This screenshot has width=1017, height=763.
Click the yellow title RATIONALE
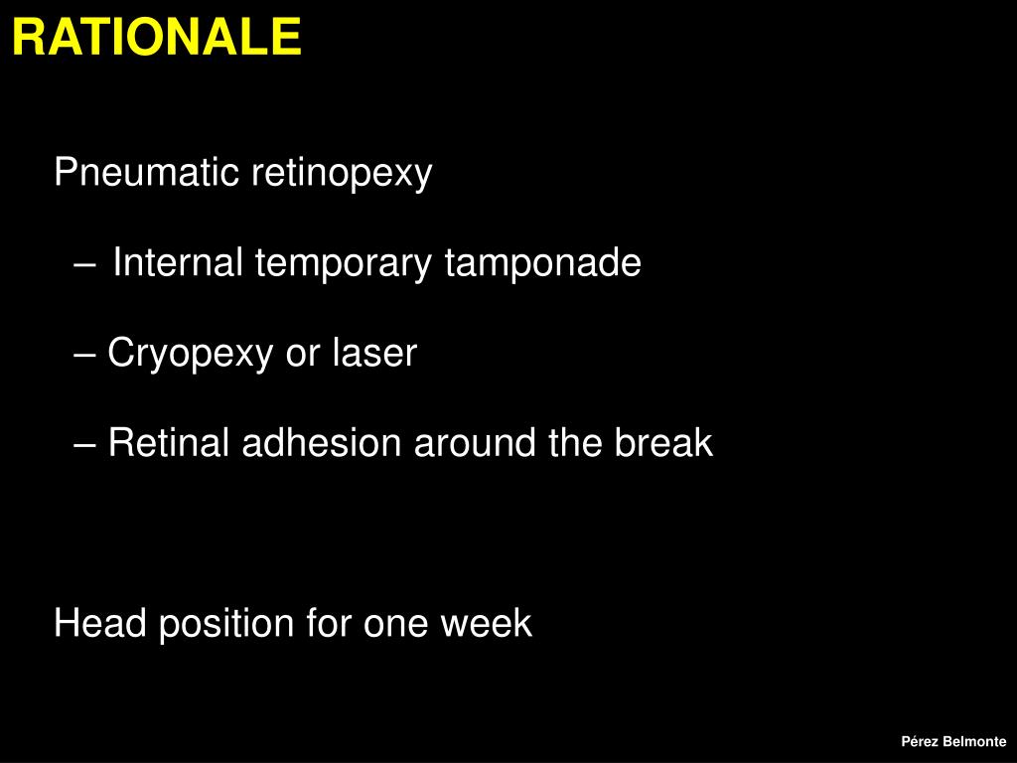point(156,39)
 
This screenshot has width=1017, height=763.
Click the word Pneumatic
point(147,174)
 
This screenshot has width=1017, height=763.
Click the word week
point(487,624)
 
